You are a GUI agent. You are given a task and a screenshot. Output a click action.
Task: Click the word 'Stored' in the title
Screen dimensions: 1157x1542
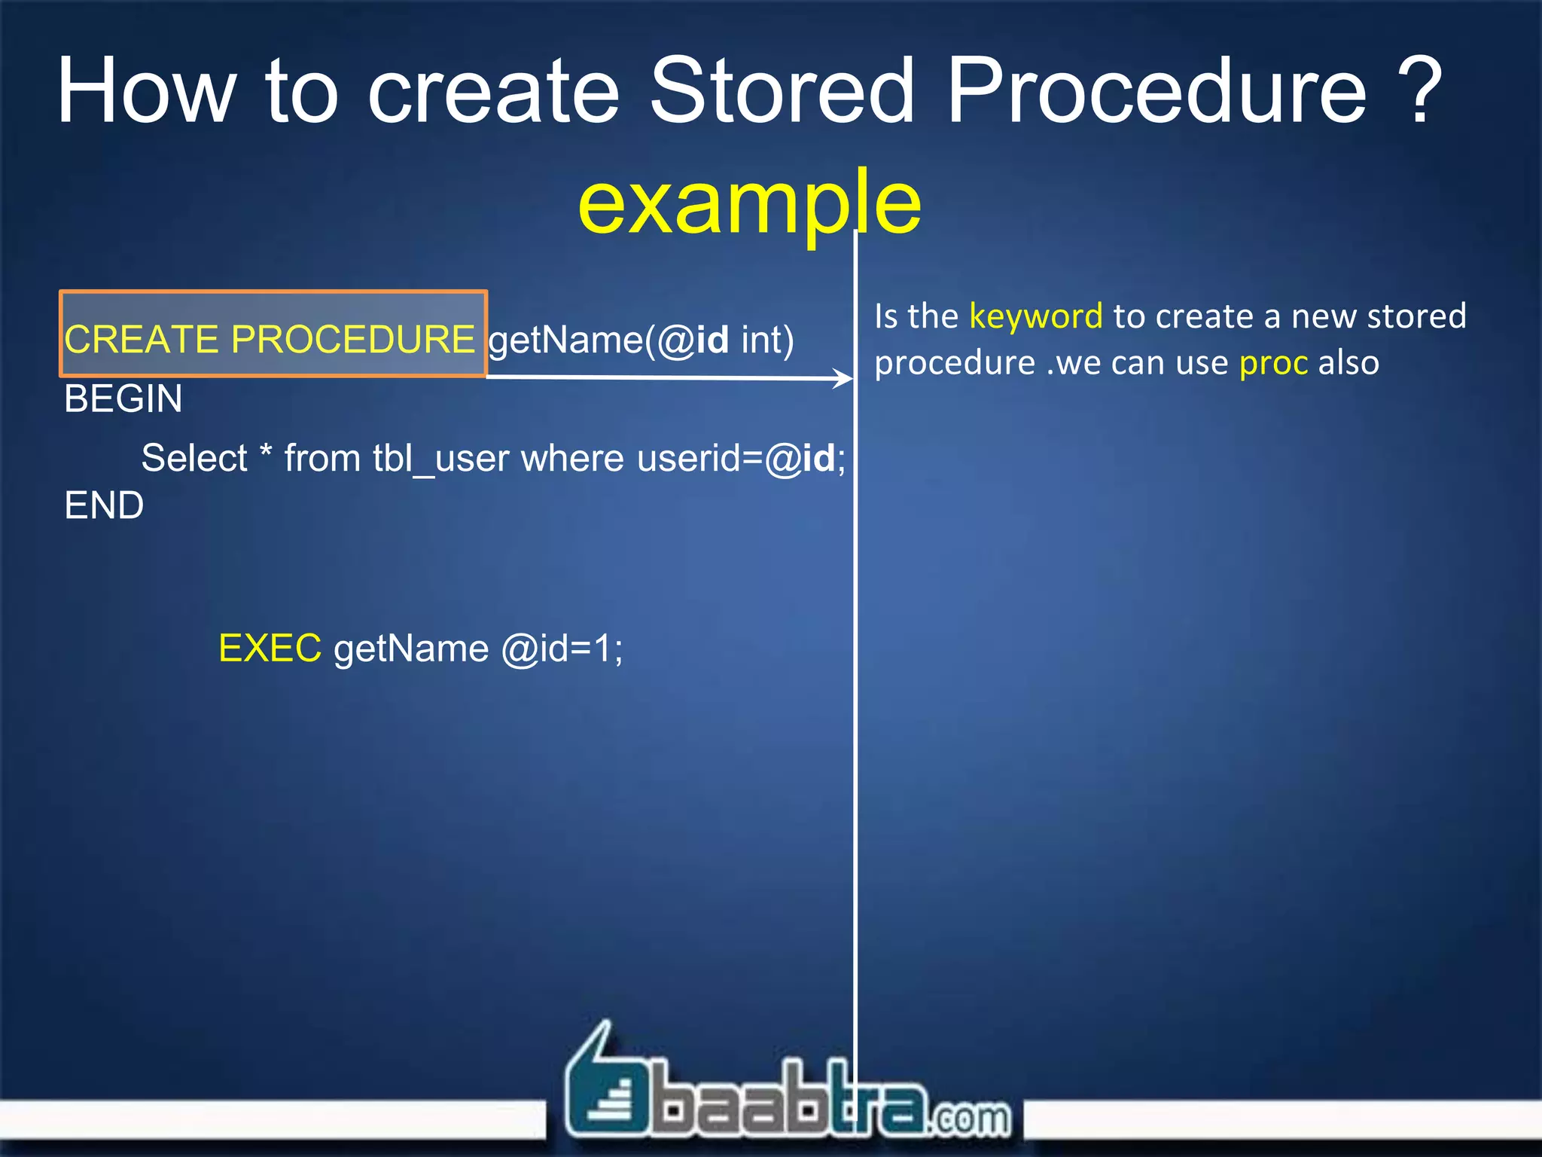pos(782,92)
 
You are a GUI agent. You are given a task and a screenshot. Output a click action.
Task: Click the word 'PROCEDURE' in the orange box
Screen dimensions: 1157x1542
pos(352,339)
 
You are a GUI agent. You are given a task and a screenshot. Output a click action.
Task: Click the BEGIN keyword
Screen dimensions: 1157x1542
pos(123,398)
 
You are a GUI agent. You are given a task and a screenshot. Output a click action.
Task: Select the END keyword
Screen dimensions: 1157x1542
pos(104,505)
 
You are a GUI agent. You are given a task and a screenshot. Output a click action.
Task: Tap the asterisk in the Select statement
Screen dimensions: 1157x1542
pos(265,453)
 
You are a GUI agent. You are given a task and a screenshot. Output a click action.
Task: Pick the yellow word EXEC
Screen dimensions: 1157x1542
pos(270,649)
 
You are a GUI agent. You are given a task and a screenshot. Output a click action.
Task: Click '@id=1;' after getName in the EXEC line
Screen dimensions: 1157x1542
pos(562,649)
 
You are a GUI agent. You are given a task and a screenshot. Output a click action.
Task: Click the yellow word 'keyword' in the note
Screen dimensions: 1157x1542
pos(1035,316)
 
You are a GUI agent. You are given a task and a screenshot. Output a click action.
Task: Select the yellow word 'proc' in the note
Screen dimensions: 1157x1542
pos(1273,363)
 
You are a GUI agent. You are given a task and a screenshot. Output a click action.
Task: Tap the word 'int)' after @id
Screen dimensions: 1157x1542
pos(767,340)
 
